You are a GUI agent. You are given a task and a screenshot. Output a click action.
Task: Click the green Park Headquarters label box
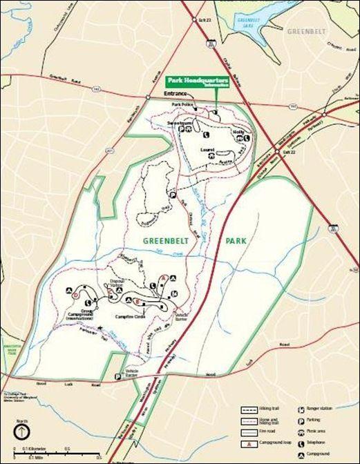pyautogui.click(x=196, y=79)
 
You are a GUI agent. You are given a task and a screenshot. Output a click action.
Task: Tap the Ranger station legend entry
pyautogui.click(x=323, y=409)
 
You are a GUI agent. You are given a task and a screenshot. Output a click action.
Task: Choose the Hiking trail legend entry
pyautogui.click(x=267, y=409)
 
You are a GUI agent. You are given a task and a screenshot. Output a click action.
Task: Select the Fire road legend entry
pyautogui.click(x=267, y=432)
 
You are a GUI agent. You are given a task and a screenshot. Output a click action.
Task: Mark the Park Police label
pyautogui.click(x=181, y=104)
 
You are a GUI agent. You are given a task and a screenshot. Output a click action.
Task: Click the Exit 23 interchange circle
pyautogui.click(x=195, y=20)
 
